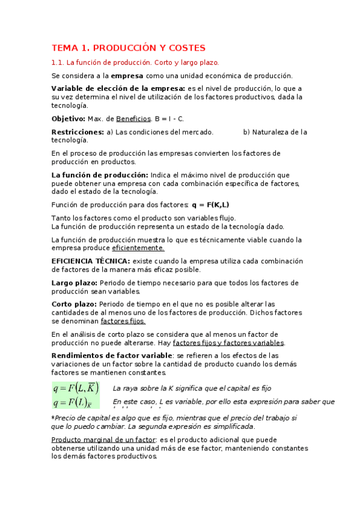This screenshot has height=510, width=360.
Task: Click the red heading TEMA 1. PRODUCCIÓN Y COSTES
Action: (x=128, y=48)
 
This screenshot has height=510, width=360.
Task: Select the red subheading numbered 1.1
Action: (x=135, y=62)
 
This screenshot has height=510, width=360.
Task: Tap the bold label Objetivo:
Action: (x=68, y=118)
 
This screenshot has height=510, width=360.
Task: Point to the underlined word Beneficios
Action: (x=133, y=118)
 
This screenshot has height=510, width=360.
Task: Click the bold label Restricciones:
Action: (x=78, y=132)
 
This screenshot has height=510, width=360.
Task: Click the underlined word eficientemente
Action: (x=138, y=248)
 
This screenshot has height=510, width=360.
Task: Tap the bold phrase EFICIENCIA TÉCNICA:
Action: (x=90, y=261)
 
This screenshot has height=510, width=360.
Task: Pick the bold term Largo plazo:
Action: (x=75, y=283)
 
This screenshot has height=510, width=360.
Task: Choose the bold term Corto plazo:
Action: (x=74, y=304)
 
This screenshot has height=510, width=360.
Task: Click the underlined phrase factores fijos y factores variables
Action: (x=228, y=343)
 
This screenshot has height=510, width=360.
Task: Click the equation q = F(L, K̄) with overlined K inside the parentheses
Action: (x=76, y=389)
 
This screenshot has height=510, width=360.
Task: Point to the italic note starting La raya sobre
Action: (x=192, y=389)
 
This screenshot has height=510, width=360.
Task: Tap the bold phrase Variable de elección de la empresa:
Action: (x=118, y=88)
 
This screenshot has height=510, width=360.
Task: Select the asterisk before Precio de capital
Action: (x=53, y=417)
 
